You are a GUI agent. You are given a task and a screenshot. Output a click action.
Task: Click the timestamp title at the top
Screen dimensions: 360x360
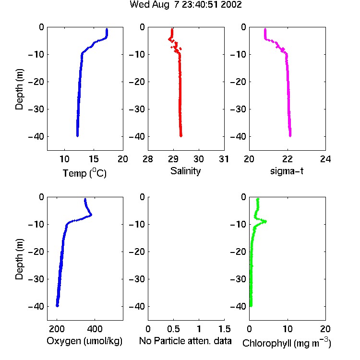coord(186,5)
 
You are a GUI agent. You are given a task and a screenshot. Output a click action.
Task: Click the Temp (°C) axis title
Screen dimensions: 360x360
coord(84,173)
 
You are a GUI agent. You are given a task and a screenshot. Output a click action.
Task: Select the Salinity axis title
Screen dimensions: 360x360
coord(185,171)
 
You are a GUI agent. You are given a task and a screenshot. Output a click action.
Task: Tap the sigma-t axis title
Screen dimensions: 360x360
coord(287,171)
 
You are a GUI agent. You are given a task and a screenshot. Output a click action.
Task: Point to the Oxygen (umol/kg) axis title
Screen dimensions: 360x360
coord(84,341)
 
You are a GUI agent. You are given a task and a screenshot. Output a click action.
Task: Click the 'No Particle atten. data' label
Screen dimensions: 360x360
coord(185,341)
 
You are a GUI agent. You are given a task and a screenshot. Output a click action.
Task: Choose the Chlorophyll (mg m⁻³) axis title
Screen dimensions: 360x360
coord(287,343)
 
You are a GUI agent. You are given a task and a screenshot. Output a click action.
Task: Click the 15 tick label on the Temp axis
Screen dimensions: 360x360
coord(94,159)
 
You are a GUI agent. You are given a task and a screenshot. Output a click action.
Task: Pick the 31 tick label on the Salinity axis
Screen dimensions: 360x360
coord(224,159)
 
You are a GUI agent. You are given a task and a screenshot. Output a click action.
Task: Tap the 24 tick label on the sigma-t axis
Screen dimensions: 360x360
coord(325,159)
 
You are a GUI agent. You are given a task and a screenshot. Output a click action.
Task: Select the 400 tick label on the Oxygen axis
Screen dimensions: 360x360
coord(95,329)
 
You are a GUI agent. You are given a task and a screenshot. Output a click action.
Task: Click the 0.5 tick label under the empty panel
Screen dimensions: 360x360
coord(174,329)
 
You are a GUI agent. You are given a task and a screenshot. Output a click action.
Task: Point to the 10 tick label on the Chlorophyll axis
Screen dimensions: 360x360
coord(288,329)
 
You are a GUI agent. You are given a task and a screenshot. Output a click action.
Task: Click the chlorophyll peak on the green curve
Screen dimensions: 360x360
coord(265,221)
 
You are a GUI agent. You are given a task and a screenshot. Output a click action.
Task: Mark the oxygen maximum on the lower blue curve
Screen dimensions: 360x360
coord(91,215)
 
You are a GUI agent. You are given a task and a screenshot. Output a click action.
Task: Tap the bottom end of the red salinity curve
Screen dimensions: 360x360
coord(181,136)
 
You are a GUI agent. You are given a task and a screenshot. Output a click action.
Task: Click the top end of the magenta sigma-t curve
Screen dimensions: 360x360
coord(265,29)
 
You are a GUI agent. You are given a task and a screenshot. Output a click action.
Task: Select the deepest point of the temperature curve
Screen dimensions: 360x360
coord(77,136)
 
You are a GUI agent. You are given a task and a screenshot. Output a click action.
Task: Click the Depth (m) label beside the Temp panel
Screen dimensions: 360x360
coord(19,89)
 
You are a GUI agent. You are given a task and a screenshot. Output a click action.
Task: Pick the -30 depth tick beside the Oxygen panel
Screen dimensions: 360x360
coord(37,279)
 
